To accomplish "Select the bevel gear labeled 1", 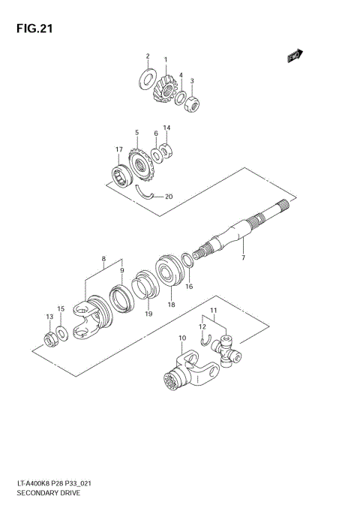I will [x=164, y=90].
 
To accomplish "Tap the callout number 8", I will [x=103, y=260].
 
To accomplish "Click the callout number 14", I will [x=166, y=128].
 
